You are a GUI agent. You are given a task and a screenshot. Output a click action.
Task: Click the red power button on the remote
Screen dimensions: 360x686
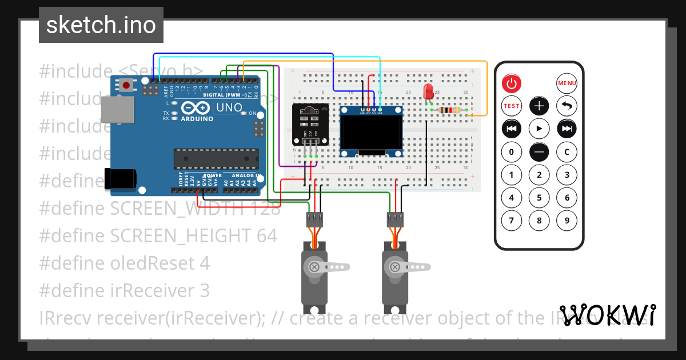512,84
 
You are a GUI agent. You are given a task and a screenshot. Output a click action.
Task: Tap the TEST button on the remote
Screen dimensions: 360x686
512,106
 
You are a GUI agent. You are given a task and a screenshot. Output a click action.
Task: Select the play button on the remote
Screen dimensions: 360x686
539,129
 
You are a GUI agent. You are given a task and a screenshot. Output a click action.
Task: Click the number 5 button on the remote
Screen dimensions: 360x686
539,198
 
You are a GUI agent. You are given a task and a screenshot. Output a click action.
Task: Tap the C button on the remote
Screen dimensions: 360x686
567,152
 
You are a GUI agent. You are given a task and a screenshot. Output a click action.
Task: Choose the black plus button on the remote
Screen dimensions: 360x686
539,106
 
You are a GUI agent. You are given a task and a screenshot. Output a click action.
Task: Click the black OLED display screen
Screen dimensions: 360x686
371,131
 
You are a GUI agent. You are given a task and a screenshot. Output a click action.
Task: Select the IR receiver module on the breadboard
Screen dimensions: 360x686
310,123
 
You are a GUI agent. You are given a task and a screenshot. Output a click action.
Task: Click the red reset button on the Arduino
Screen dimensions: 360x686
126,86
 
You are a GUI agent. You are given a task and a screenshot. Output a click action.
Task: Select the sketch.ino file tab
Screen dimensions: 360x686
101,25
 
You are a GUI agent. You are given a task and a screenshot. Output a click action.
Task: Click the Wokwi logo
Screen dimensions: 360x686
608,315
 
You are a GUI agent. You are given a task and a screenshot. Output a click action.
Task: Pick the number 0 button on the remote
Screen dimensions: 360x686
512,152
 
